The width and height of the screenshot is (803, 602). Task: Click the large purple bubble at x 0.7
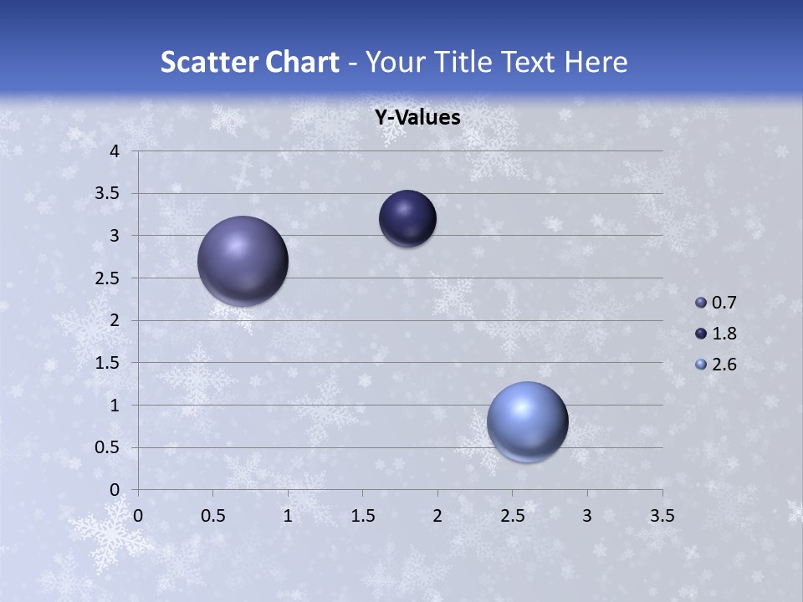243,260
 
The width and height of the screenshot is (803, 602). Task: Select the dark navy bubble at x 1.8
407,218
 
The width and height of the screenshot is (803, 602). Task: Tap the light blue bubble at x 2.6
527,421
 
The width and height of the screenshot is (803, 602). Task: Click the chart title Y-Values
417,118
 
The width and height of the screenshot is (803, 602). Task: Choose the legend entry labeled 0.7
716,303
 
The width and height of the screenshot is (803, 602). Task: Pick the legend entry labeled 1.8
716,334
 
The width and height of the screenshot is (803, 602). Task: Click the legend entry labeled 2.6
716,365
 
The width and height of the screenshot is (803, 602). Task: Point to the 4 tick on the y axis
115,151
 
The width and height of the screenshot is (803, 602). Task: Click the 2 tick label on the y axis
115,320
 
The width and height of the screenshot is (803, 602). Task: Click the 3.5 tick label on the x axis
662,516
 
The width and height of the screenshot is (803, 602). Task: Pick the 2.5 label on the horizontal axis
512,516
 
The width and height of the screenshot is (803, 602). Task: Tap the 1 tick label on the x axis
288,516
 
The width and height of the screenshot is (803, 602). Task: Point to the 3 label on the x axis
587,516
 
